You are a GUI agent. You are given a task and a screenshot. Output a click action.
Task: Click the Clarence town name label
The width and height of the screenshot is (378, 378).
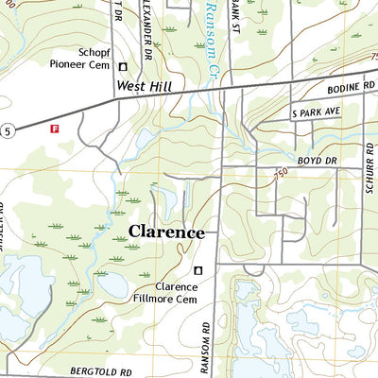coord(165,232)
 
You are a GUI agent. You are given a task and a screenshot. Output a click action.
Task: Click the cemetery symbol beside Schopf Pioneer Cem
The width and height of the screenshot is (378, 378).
coord(123,66)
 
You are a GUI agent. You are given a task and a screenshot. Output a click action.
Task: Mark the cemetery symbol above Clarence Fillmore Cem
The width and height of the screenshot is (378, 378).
coord(198,271)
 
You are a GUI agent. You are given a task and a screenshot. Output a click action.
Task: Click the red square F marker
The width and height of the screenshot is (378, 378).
coord(54,128)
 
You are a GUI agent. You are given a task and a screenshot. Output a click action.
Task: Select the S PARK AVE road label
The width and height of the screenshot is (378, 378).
coord(315,112)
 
